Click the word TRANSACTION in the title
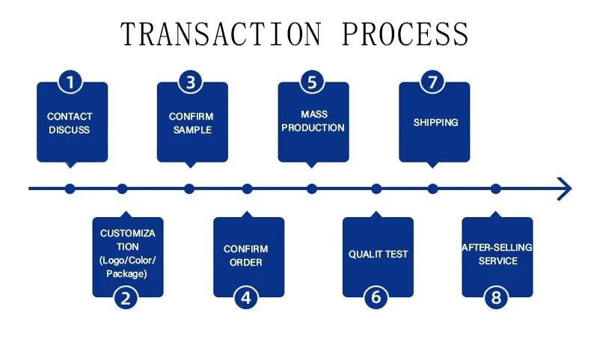(x=221, y=34)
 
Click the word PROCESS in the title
(x=405, y=34)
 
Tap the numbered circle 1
(x=70, y=82)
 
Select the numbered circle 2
(x=126, y=298)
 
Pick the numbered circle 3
(x=191, y=82)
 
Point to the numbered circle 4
(x=246, y=298)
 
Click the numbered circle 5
(x=312, y=82)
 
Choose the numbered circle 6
(x=376, y=297)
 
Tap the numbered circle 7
(x=432, y=82)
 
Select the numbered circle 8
(x=496, y=298)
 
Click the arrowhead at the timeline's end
(x=565, y=189)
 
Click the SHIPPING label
(x=435, y=123)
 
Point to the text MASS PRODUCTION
(x=313, y=121)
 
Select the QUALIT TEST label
(x=378, y=254)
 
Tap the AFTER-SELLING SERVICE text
(x=497, y=254)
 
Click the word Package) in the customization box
(x=126, y=274)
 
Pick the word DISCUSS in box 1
(x=70, y=130)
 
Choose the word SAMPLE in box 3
(x=192, y=130)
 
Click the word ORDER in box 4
(x=245, y=263)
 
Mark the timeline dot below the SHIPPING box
(x=432, y=189)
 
